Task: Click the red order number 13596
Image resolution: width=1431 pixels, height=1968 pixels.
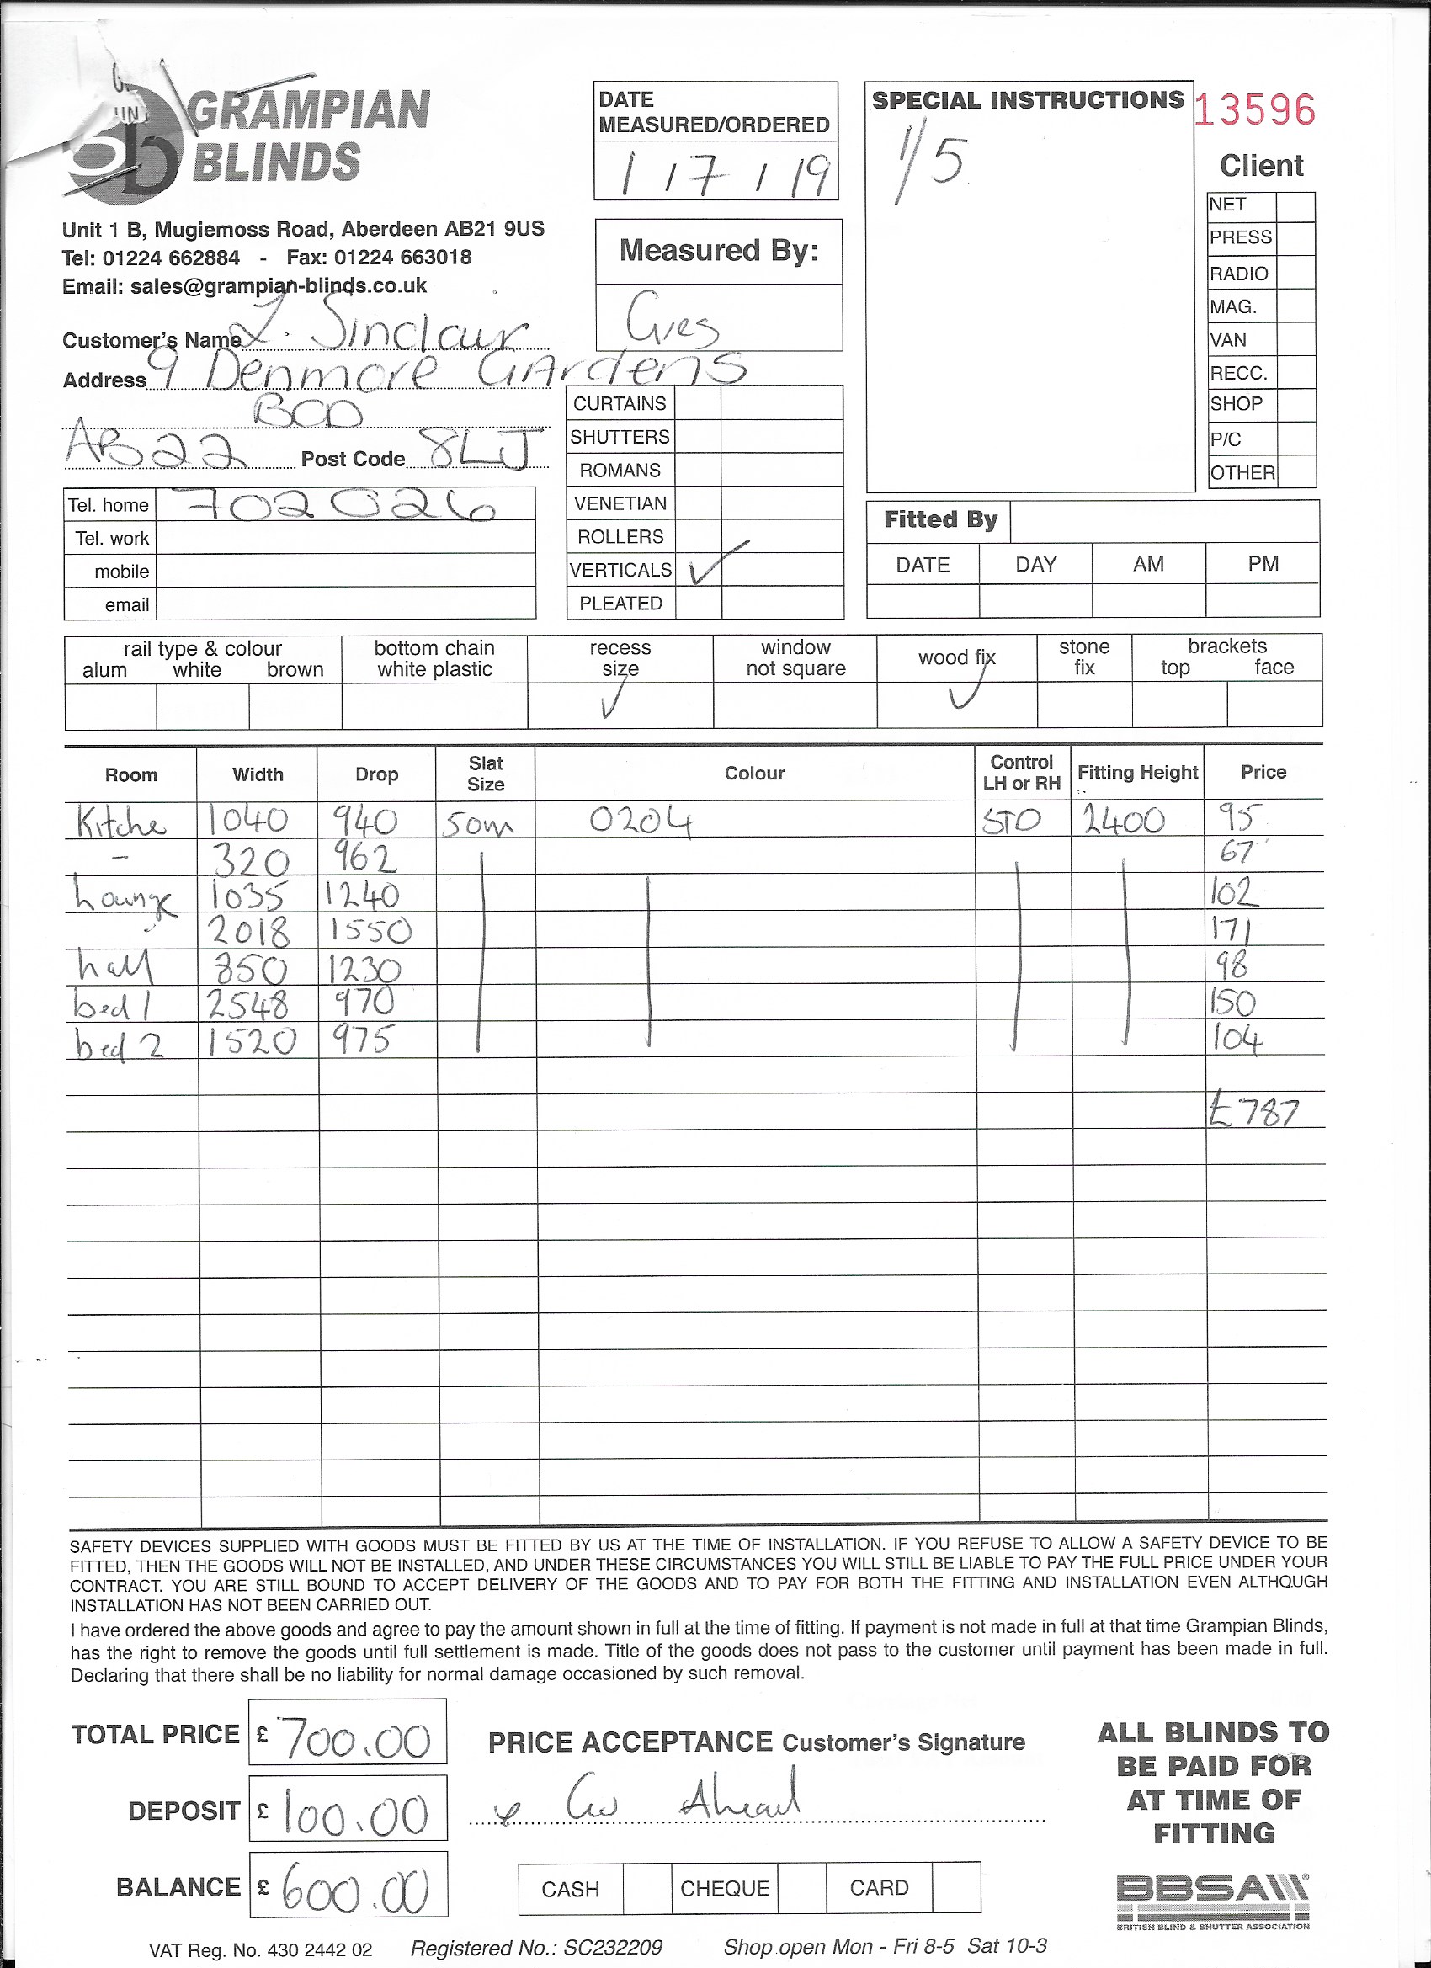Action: (x=1255, y=110)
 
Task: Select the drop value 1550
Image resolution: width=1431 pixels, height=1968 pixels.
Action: (x=370, y=931)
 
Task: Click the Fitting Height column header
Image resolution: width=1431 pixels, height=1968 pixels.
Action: (x=1138, y=772)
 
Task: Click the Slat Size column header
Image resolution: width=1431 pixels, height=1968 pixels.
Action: (x=485, y=773)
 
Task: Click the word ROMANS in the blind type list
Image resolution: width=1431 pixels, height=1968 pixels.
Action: (x=620, y=471)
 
